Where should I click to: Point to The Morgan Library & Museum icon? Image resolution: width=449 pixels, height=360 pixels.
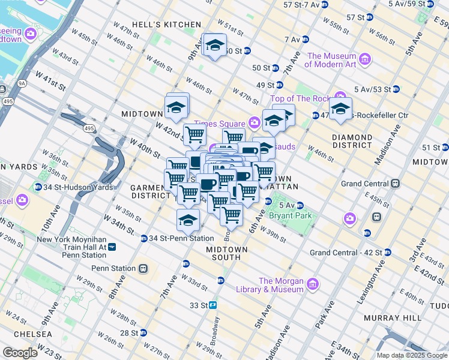click(x=312, y=284)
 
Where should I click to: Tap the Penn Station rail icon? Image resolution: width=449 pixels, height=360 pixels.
click(x=143, y=268)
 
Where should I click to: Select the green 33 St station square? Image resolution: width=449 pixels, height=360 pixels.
click(x=212, y=305)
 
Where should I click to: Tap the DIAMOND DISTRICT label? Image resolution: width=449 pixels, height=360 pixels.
click(x=352, y=141)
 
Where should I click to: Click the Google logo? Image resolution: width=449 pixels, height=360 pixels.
click(x=20, y=353)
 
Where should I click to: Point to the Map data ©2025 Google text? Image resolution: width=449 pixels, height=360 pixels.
click(x=412, y=355)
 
